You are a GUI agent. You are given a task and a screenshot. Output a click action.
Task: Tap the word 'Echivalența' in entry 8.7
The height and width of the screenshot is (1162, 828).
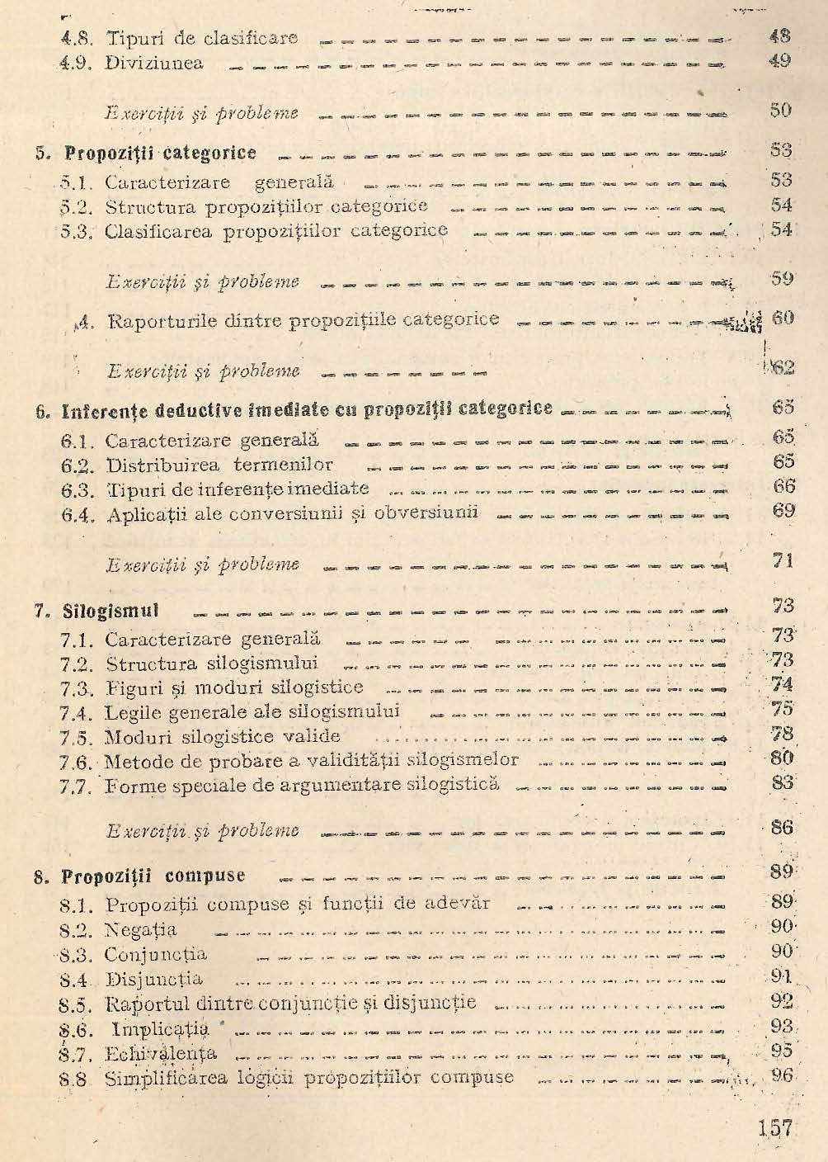161,1054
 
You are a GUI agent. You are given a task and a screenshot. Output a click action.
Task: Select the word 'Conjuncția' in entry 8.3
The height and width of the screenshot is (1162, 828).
156,955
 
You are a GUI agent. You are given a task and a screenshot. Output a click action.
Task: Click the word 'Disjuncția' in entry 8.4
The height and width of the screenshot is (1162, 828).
154,980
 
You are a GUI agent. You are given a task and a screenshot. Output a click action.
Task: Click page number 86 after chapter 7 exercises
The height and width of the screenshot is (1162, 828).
781,828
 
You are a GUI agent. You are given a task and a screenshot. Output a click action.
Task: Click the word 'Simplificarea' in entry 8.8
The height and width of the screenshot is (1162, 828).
159,1078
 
